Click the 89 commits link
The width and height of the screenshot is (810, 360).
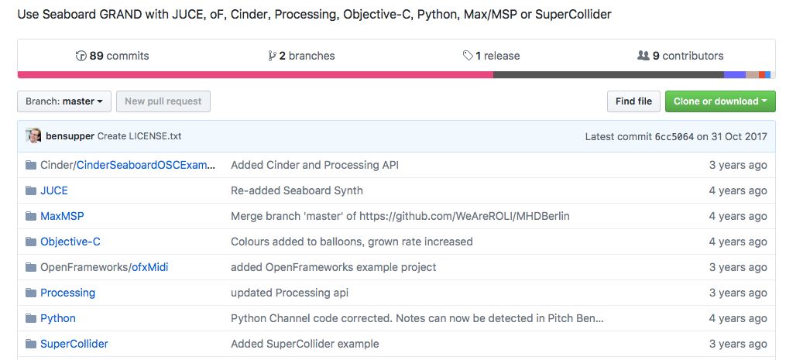pos(112,56)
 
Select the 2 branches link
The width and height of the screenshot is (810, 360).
pos(301,56)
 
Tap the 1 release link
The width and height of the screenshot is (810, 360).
pos(492,56)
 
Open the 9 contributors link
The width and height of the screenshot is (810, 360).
pos(681,56)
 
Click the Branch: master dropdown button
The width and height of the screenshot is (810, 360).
pos(64,101)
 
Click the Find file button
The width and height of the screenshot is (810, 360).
pos(633,101)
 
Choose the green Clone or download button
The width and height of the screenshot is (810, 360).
pos(720,101)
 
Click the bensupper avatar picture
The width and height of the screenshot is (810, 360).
pos(34,136)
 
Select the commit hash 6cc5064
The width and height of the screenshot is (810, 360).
pos(674,137)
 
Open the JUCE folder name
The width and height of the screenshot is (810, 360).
pos(54,190)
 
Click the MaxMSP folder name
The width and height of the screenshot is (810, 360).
pos(62,216)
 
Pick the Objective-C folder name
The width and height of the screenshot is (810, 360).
pos(70,242)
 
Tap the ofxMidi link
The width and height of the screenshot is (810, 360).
pos(149,267)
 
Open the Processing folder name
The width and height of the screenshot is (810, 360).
pos(67,293)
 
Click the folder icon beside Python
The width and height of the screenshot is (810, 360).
pos(31,318)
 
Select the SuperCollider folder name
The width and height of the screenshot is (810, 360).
pos(74,344)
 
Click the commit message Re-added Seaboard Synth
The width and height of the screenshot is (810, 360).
pos(297,190)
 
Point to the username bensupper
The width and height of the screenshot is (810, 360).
pos(70,136)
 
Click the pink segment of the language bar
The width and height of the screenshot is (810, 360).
pos(255,75)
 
